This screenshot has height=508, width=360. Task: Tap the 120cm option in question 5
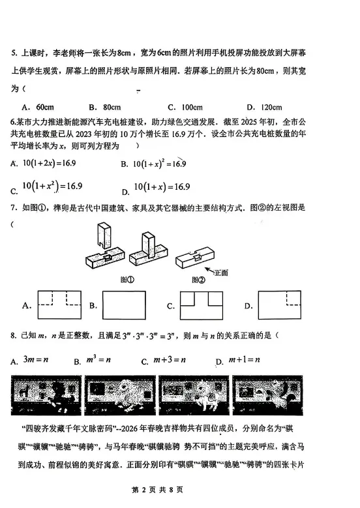click(x=267, y=107)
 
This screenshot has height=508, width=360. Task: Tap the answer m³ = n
click(x=97, y=359)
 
